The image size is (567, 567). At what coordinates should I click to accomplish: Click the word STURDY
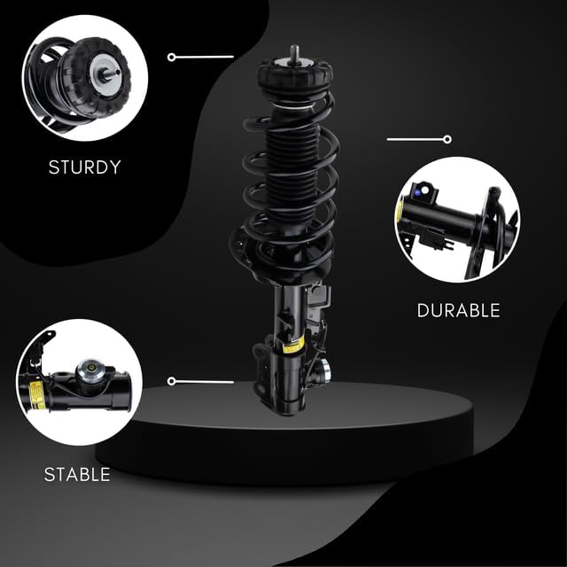(x=85, y=167)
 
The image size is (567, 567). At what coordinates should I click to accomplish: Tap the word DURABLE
(x=459, y=311)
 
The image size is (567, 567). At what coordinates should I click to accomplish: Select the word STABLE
(x=77, y=475)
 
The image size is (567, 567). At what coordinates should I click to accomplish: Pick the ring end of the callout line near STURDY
(x=171, y=57)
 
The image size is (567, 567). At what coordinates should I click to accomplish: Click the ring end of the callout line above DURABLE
(x=447, y=139)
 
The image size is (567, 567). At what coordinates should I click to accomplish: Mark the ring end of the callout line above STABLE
(x=171, y=381)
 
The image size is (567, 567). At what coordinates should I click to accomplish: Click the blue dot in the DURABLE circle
(x=417, y=193)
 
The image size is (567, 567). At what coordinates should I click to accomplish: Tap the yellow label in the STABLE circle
(x=36, y=395)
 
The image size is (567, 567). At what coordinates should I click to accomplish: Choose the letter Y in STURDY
(x=114, y=167)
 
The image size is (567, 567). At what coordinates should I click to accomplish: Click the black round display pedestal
(x=284, y=434)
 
